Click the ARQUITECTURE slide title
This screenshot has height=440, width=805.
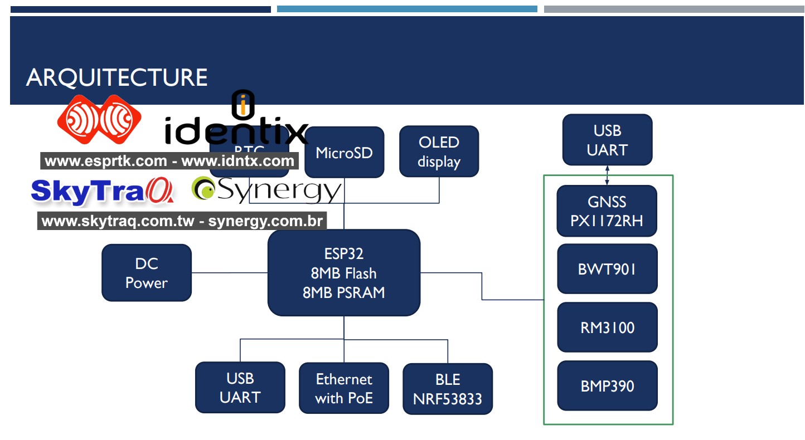[x=117, y=77]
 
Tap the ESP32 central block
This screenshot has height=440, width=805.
[x=343, y=273]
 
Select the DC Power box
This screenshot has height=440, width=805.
[x=147, y=273]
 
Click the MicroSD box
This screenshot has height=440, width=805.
[x=344, y=153]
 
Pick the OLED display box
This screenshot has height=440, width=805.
[x=439, y=151]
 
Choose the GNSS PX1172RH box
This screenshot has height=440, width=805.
[x=607, y=211]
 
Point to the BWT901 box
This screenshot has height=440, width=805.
[x=607, y=269]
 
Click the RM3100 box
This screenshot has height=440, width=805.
[x=607, y=327]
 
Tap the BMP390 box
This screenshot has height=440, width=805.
[x=607, y=386]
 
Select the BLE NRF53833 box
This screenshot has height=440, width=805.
[x=448, y=389]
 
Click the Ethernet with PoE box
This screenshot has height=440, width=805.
[x=344, y=388]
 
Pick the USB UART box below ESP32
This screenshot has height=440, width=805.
[x=240, y=388]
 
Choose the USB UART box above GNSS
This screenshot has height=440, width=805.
[x=607, y=140]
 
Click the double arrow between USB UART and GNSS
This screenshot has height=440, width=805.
[x=607, y=175]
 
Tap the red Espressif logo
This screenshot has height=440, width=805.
[x=99, y=119]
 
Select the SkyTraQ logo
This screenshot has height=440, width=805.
[x=102, y=191]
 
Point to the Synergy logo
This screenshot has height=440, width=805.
[x=266, y=190]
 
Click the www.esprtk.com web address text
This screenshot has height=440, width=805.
[x=106, y=162]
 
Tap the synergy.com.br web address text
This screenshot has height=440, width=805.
[x=265, y=221]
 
